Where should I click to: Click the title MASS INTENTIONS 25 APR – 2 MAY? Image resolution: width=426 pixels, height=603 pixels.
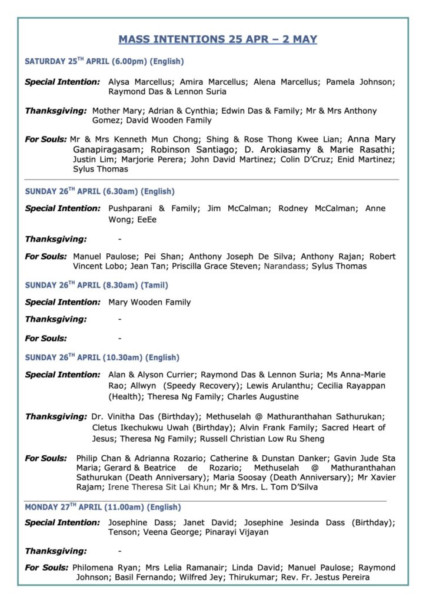pyautogui.click(x=218, y=39)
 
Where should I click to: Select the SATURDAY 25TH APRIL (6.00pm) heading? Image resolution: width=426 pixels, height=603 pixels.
pyautogui.click(x=104, y=61)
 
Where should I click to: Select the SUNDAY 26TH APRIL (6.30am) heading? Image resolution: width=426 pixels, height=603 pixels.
pyautogui.click(x=99, y=191)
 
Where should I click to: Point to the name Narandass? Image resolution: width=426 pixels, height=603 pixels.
pyautogui.click(x=285, y=266)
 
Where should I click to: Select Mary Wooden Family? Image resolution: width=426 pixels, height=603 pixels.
pyautogui.click(x=149, y=302)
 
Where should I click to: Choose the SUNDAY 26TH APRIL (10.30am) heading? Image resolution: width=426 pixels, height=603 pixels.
pyautogui.click(x=101, y=357)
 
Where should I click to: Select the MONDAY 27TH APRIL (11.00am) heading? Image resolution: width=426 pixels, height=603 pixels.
pyautogui.click(x=102, y=507)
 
